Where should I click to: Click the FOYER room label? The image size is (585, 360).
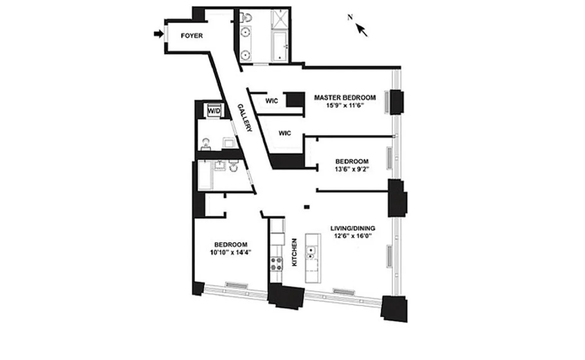pos(192,36)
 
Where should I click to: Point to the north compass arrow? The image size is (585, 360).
pos(362,30)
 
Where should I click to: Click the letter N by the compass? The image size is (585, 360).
pos(350,17)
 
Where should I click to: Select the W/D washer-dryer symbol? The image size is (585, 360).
pos(212,110)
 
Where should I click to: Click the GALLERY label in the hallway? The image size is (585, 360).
pos(245,117)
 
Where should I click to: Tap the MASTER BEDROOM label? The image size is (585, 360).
pos(344,97)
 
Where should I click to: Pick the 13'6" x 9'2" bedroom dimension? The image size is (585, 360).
pos(352,169)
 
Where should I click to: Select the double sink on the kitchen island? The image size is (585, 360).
pos(311,253)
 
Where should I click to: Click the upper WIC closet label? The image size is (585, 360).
pos(272,101)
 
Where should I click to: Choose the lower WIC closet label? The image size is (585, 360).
pos(285,133)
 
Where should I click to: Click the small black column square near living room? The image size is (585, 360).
pos(307,207)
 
